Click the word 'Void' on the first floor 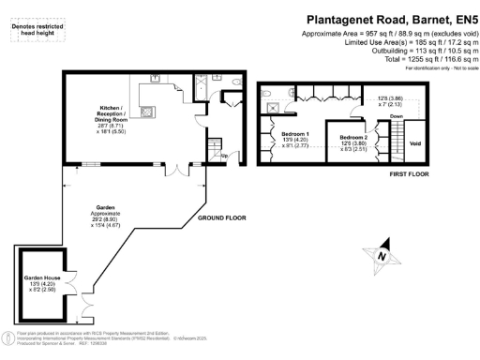[416, 143]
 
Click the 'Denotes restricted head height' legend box [33, 33]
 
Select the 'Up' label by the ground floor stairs [223, 156]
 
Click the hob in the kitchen [147, 113]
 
